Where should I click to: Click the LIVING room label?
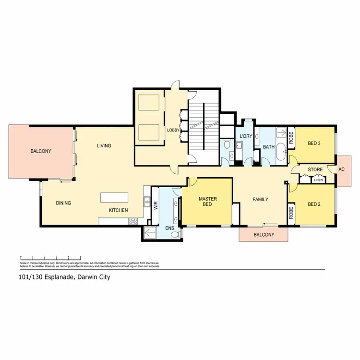(x=104, y=146)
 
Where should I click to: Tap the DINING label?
(x=63, y=203)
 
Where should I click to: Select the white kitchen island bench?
(x=114, y=198)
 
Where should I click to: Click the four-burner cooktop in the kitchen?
(x=132, y=221)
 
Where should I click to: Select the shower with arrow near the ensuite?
(x=150, y=233)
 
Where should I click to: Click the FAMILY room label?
(x=261, y=199)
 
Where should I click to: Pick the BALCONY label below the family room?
(x=264, y=235)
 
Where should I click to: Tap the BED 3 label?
(x=314, y=143)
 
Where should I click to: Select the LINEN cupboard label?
(x=318, y=180)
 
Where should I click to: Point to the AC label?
(x=342, y=169)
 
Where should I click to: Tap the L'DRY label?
(x=246, y=136)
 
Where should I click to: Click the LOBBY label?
(x=173, y=130)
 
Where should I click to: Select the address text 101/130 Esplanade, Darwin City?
(x=65, y=277)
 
